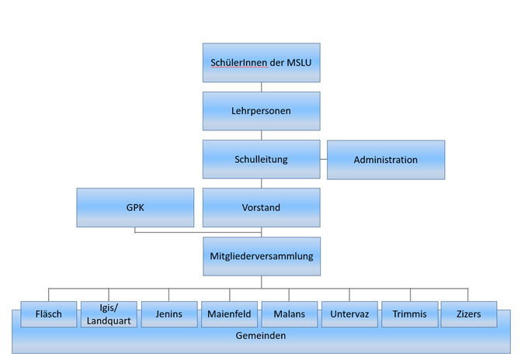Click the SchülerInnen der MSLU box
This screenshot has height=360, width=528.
(262, 63)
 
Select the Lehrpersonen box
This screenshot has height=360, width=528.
(262, 111)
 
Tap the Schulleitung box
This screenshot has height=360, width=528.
(262, 159)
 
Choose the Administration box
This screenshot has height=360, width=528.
(386, 160)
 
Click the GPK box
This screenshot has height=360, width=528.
(135, 208)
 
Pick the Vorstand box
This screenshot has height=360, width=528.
(262, 208)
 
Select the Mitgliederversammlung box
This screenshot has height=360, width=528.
(262, 256)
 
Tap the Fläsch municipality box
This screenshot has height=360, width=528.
(49, 314)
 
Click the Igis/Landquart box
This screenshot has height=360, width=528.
(109, 314)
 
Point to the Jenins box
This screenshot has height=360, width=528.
(169, 314)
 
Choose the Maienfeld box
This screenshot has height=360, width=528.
(229, 314)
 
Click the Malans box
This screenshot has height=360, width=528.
(290, 314)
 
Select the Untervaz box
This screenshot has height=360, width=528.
(349, 314)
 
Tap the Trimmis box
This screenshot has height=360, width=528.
(410, 314)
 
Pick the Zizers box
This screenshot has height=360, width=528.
(469, 314)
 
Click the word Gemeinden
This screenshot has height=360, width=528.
(261, 336)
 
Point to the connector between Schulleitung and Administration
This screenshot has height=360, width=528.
(324, 159)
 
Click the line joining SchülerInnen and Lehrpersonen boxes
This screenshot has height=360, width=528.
(262, 87)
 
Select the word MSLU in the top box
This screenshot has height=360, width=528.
(299, 63)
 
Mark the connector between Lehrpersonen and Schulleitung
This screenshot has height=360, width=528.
(262, 135)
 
